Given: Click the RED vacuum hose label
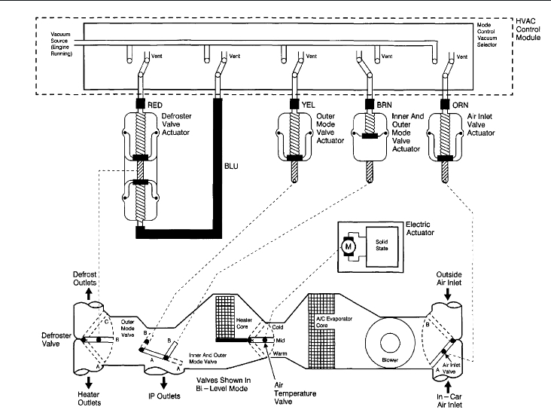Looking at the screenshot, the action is pos(155,105).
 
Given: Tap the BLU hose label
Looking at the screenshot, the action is pos(231,166).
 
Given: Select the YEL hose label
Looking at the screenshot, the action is pos(308,105).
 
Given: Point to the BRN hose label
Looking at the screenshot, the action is pos(384,105).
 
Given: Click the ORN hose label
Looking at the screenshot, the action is pos(461,105).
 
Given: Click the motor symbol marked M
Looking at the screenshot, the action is pos(349,246).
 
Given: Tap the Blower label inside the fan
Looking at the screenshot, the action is pos(390,360).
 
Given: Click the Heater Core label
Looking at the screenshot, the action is pos(244,323).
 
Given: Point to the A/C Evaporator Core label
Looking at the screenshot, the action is pos(333,322).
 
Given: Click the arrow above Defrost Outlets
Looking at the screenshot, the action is pos(89,294).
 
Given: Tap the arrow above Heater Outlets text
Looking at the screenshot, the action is pos(89,382).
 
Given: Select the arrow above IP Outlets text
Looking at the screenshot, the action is pos(163,383).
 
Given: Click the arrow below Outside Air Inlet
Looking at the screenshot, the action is pos(448,294).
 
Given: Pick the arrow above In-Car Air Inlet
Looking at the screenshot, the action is pos(448,387).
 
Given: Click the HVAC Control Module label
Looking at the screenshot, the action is pos(528,29).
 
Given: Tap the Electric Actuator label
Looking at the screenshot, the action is pos(420,228).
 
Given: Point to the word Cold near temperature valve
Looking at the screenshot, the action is pos(278,327).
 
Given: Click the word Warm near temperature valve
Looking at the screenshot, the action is pos(280,353).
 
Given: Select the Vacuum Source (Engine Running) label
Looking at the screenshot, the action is pos(62,44).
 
